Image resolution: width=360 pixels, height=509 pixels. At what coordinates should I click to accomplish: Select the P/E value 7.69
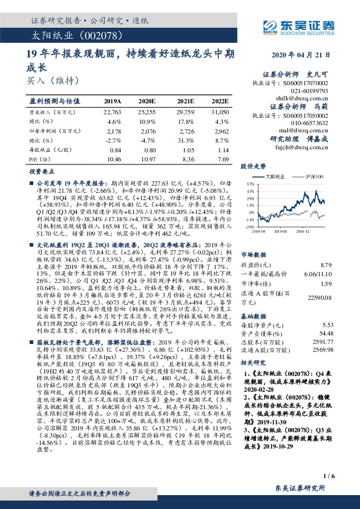(223, 158)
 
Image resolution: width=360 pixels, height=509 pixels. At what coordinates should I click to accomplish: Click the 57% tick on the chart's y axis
(249, 182)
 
